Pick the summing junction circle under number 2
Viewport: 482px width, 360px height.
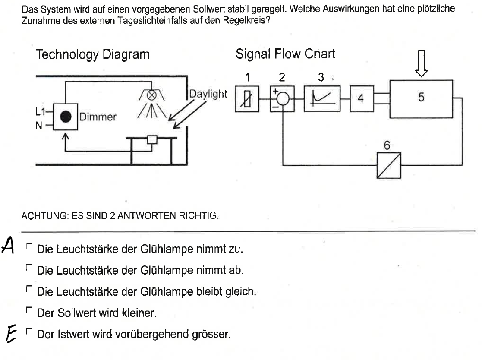pos(282,98)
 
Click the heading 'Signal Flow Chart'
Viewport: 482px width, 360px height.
pos(285,54)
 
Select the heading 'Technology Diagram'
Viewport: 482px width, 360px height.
pos(93,54)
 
